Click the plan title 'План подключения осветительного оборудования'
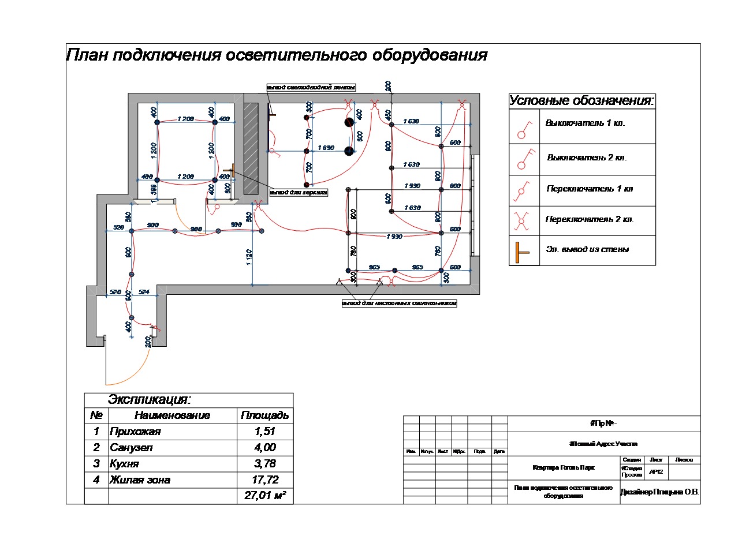[x=277, y=56]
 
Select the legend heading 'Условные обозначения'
[x=581, y=101]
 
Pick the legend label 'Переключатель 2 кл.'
[x=590, y=220]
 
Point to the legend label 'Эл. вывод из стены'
[x=587, y=250]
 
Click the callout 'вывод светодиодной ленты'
[x=311, y=87]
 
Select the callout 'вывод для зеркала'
[x=299, y=192]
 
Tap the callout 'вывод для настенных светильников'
[x=399, y=303]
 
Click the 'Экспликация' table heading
[x=149, y=400]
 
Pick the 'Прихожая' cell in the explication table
[x=135, y=432]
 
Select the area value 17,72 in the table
[x=265, y=480]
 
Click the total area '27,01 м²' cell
[x=266, y=496]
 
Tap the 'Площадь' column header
[x=264, y=415]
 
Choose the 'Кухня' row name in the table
[x=125, y=464]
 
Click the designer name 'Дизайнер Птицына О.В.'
[x=659, y=492]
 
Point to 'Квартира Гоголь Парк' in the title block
[x=564, y=467]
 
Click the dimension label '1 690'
[x=326, y=148]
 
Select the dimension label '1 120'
[x=249, y=257]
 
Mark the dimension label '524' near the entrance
[x=144, y=293]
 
